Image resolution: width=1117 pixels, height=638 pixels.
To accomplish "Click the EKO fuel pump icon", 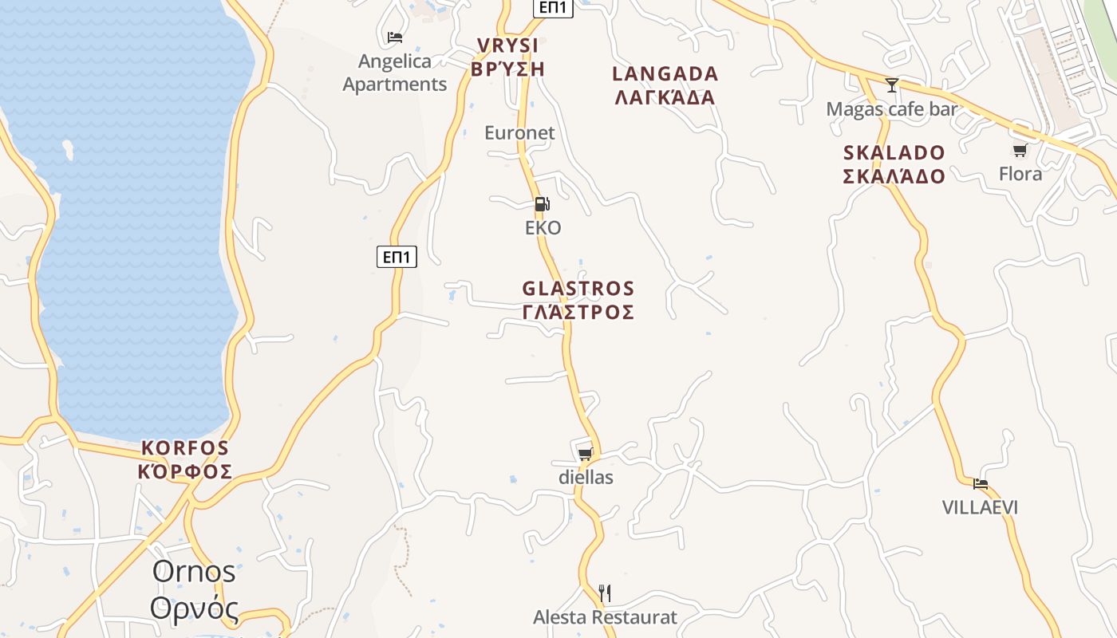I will pos(542,204).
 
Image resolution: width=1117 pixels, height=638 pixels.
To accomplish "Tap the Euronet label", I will pos(519,132).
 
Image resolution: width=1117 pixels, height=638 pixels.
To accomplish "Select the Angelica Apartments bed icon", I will pos(394,37).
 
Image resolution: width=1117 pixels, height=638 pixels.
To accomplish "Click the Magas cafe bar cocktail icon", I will pos(892,85).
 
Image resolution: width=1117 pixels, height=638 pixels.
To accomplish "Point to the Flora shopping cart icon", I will pos(1020,150).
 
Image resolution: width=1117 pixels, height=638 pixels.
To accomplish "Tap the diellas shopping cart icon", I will pos(585,454).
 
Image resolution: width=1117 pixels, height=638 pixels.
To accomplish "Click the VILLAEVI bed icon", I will pos(980,483).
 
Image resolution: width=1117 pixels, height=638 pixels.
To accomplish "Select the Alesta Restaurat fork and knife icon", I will pos(605,593).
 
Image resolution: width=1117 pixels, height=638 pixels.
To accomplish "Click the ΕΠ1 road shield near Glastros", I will pos(397,257).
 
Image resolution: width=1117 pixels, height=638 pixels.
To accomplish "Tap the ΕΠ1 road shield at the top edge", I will pos(553,7).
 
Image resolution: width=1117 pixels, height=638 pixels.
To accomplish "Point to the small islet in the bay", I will pos(68,148).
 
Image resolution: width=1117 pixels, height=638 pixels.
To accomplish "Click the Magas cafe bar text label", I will pos(891,109).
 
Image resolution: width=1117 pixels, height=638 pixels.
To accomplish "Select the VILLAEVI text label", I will pos(980,507).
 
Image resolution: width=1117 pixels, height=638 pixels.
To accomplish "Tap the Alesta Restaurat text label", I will pos(605,617).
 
